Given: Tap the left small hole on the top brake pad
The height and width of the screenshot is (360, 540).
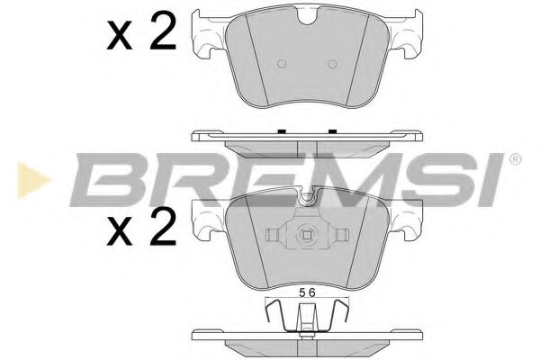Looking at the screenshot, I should click(281, 64).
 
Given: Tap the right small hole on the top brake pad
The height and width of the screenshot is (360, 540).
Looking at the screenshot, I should click(332, 64).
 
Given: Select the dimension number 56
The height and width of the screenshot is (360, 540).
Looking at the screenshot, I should click(307, 292).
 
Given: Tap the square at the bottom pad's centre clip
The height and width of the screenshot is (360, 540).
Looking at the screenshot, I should click(307, 238).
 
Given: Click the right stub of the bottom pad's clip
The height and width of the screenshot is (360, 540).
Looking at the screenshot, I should click(343, 238).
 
